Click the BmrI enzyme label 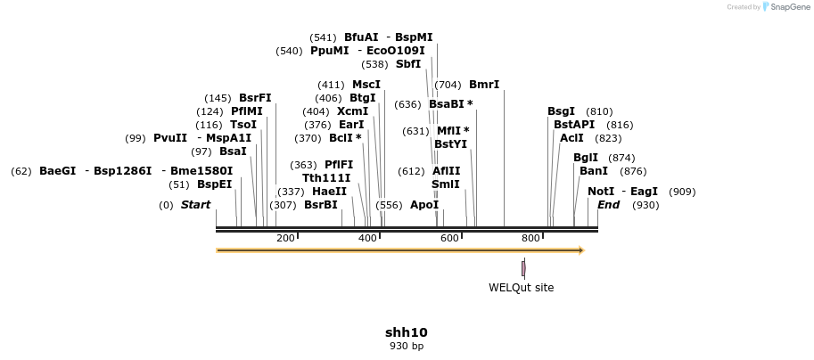point(484,85)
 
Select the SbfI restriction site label point(408,64)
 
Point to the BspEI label point(214,184)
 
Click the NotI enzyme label point(601,192)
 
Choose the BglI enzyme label point(586,158)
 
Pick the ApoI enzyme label point(424,205)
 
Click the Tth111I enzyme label point(327,177)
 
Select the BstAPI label point(573,125)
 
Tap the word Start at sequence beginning point(195,205)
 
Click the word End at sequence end point(608,205)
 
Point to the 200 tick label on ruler point(286,239)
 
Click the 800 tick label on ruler point(530,239)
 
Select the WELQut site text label point(521,288)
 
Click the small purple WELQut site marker point(523,267)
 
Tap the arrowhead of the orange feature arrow point(580,250)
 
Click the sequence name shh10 point(407,332)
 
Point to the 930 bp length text point(407,346)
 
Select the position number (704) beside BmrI point(448,85)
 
